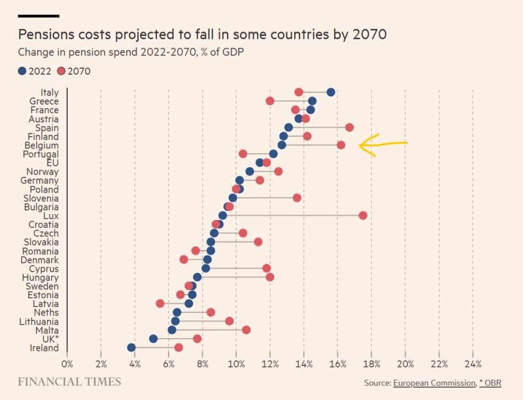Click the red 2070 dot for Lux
point(363,215)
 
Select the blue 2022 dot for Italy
point(331,92)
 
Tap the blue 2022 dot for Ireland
point(131,348)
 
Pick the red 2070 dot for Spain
point(349,127)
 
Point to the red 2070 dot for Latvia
point(160,303)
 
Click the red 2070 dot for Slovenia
point(297,197)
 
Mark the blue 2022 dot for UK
point(153,338)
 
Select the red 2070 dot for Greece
point(270,101)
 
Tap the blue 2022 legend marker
point(22,71)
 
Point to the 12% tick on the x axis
point(270,363)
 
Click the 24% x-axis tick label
point(473,363)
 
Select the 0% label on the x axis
point(67,363)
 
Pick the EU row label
point(51,162)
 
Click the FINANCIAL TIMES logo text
point(69,382)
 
